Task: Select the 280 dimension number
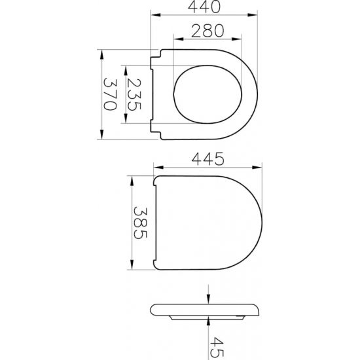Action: click(207, 31)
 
